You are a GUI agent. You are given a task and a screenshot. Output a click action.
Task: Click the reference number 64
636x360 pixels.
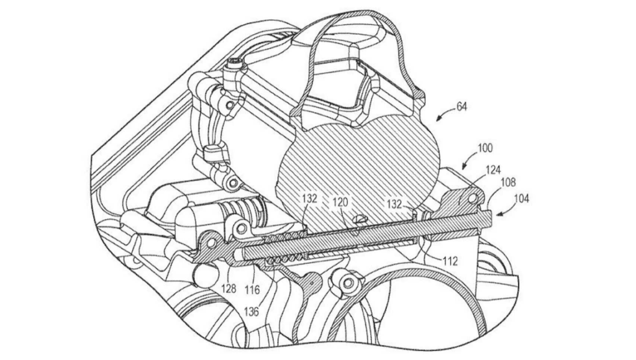point(462,107)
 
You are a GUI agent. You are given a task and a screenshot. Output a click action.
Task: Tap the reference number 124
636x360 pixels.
point(494,169)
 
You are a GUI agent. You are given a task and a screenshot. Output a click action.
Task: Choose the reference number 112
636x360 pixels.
point(450,261)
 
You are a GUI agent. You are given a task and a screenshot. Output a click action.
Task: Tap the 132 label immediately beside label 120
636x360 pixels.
point(311,199)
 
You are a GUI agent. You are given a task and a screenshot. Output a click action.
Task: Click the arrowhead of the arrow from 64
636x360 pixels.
point(438,117)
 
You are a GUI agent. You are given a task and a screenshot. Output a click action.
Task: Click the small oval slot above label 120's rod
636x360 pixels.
point(358,218)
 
